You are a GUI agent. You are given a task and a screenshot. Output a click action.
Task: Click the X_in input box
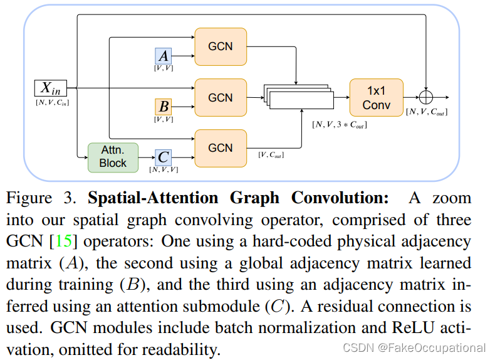pos(51,88)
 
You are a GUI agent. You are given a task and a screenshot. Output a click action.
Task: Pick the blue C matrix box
pos(163,157)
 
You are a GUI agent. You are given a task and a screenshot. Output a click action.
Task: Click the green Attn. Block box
pos(113,157)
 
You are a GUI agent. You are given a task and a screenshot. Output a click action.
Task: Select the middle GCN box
pos(221,98)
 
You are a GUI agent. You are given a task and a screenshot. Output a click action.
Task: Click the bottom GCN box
pos(221,148)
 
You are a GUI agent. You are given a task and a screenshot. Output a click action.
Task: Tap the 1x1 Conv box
pos(376,98)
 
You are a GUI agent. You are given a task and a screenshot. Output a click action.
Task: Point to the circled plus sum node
pos(427,97)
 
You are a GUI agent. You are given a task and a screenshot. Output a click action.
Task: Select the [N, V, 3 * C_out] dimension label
pos(339,125)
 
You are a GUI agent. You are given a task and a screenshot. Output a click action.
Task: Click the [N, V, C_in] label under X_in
pos(52,103)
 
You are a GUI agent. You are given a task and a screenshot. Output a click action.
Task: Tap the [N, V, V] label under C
pos(163,170)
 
